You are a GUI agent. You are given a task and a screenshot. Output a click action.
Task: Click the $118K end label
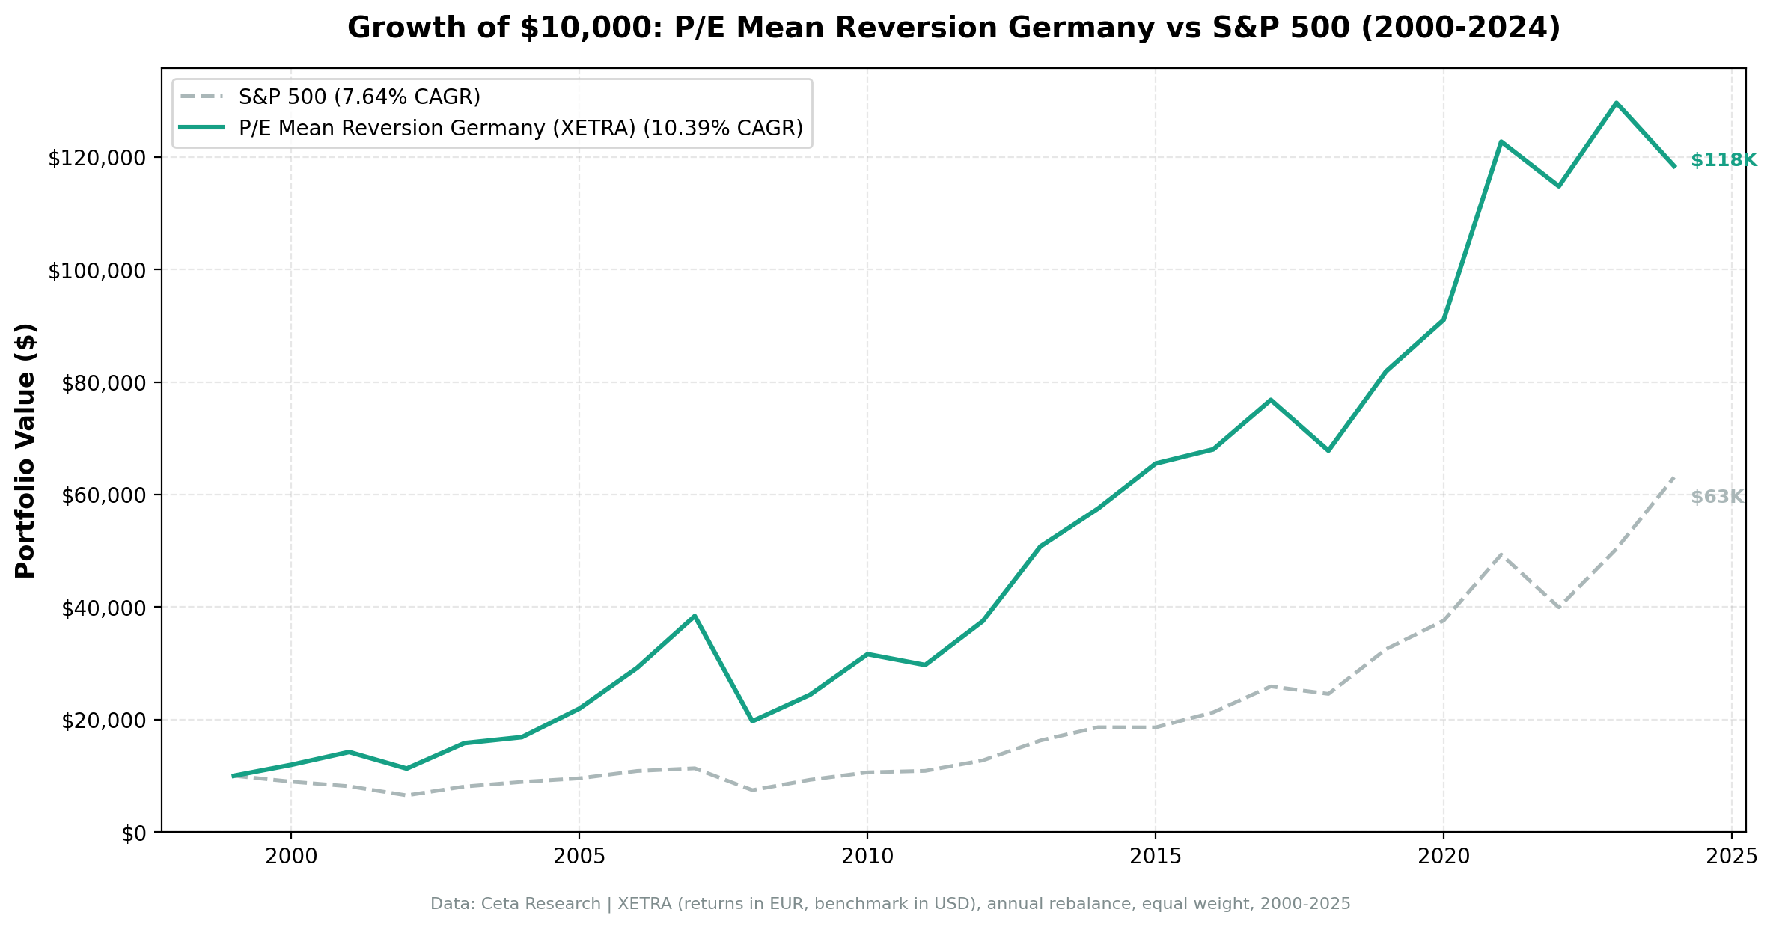pos(1723,160)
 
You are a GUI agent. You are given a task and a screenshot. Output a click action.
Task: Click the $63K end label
pos(1717,497)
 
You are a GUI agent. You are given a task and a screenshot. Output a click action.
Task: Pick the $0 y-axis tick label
pos(135,833)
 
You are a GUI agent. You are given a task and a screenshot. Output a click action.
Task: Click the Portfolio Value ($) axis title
pos(25,450)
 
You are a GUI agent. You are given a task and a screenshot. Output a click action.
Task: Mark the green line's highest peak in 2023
pos(1617,103)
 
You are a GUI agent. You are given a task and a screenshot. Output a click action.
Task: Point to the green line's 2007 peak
pos(695,616)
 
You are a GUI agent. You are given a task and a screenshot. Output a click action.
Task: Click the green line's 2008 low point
pos(752,721)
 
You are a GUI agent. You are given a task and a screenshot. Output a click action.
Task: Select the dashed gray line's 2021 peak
pos(1501,554)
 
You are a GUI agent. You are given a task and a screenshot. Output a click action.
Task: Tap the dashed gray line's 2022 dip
pos(1558,607)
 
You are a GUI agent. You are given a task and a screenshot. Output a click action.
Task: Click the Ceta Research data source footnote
pos(890,904)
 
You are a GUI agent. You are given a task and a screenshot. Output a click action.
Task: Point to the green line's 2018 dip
pos(1328,450)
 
